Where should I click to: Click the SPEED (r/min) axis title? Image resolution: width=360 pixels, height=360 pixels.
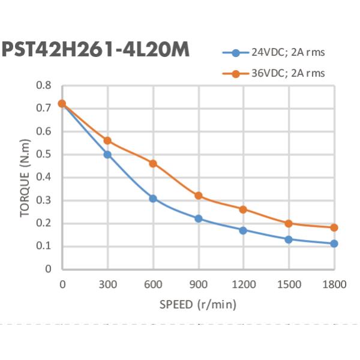tap(198, 304)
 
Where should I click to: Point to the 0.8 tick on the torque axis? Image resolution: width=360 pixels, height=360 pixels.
tap(44, 85)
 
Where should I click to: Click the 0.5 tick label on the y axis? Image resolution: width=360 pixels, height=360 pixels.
tap(44, 154)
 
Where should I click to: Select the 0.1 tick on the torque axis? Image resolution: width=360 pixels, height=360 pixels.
tap(44, 246)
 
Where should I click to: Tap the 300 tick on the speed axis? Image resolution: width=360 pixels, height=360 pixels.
tap(107, 284)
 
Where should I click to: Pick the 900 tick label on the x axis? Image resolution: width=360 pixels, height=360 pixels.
tap(198, 284)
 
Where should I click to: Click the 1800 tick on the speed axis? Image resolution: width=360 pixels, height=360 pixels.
tap(334, 284)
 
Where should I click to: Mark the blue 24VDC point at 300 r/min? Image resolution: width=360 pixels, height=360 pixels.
tap(107, 154)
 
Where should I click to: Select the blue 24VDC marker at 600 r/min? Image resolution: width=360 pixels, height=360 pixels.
tap(153, 198)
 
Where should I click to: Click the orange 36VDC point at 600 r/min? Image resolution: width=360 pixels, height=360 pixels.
tap(153, 163)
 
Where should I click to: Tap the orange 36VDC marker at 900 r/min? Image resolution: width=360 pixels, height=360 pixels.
tap(198, 196)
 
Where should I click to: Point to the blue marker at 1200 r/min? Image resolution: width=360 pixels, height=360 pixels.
tap(243, 230)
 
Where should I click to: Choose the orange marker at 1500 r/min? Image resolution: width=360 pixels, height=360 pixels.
tap(289, 223)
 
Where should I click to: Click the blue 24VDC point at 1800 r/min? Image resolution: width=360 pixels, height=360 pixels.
tap(334, 244)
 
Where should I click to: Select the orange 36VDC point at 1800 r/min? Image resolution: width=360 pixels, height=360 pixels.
tap(334, 227)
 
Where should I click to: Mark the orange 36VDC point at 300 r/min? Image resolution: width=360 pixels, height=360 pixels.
tap(107, 140)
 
